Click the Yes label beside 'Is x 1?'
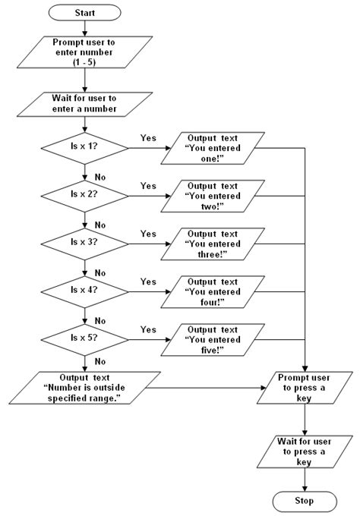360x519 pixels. pos(148,137)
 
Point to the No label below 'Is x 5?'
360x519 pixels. pos(99,361)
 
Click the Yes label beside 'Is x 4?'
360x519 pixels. pos(148,281)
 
